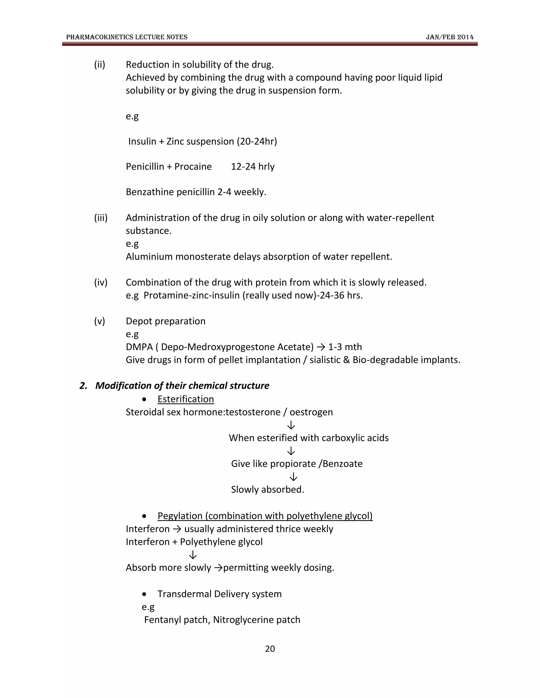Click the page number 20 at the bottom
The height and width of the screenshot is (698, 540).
point(270,648)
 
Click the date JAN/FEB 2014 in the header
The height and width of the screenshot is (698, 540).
point(450,37)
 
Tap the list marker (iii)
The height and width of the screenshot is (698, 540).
point(101,218)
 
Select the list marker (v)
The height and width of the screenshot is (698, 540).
point(99,321)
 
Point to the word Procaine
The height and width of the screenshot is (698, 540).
point(193,166)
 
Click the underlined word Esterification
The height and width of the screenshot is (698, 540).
point(186,399)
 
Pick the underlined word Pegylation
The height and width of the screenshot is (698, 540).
point(180,516)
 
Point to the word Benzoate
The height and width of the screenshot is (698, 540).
point(342,464)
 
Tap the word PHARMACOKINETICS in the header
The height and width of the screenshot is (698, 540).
point(99,37)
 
